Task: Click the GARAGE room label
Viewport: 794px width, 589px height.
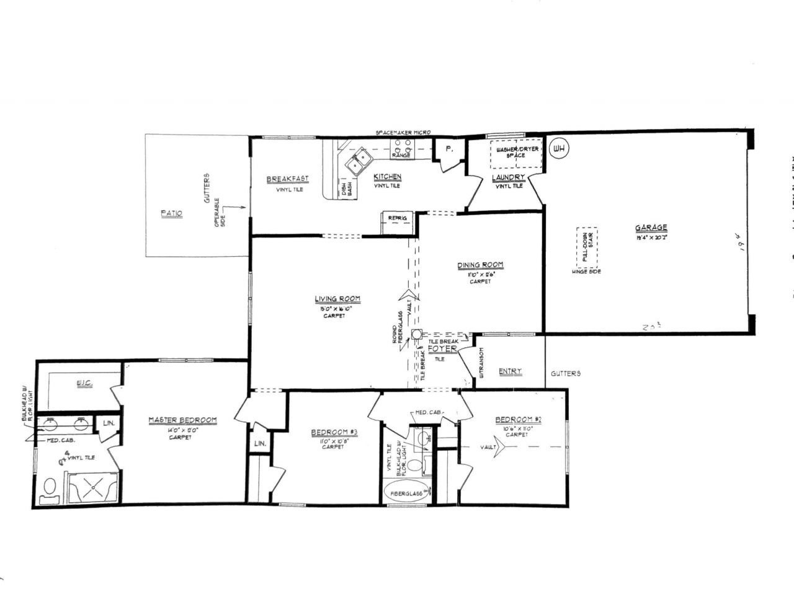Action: click(x=651, y=228)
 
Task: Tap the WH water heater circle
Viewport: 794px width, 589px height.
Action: click(x=560, y=149)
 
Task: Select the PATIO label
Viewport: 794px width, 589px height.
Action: click(x=172, y=213)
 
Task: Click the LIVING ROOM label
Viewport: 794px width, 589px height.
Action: click(x=337, y=299)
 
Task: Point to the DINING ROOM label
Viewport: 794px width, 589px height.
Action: click(x=480, y=265)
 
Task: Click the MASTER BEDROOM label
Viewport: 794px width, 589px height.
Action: click(x=182, y=420)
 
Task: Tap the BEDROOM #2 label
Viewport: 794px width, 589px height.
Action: click(x=519, y=420)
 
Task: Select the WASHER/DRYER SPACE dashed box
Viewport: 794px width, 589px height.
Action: click(x=516, y=154)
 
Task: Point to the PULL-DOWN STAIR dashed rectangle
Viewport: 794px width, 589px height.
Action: click(x=587, y=246)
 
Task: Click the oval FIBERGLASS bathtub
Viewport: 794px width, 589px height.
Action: click(x=407, y=493)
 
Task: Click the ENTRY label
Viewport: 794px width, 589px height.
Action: click(x=510, y=371)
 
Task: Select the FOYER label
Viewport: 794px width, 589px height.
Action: click(x=442, y=349)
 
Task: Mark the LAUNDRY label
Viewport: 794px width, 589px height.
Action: click(x=508, y=178)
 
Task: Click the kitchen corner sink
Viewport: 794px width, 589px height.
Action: click(x=359, y=162)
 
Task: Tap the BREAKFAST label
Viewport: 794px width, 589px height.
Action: click(x=287, y=179)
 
